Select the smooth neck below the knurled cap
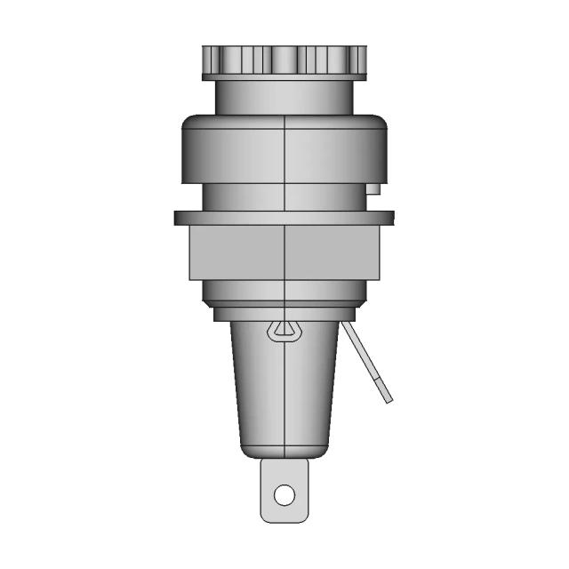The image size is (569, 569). point(284,96)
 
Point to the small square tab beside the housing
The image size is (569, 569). point(374,188)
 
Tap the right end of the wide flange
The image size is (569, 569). point(388,217)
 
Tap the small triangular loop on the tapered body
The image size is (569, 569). point(284,331)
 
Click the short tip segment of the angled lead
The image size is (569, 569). point(382,391)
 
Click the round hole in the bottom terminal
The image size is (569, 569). point(284,493)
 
